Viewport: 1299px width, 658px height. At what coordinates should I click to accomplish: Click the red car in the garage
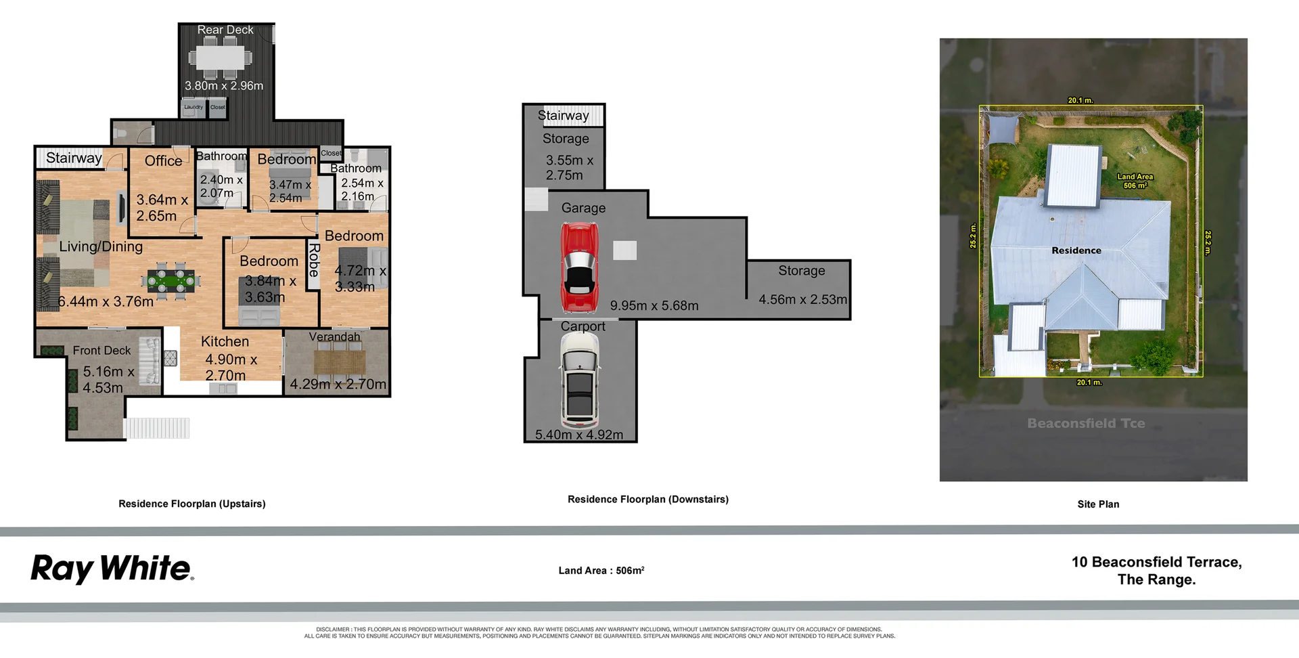tap(580, 267)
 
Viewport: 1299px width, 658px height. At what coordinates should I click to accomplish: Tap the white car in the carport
tap(580, 381)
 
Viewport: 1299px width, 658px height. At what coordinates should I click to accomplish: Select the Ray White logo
tap(112, 569)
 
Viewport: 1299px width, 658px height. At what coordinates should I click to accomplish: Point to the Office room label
tap(163, 160)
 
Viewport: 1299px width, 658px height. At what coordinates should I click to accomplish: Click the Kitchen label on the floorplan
tap(225, 342)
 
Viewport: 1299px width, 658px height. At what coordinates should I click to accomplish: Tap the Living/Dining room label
tap(101, 246)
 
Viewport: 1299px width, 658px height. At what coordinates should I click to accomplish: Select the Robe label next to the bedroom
tap(313, 260)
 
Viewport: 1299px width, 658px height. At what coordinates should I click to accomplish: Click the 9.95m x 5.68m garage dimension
tap(654, 305)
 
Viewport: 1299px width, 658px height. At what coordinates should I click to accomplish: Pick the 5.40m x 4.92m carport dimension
tap(579, 435)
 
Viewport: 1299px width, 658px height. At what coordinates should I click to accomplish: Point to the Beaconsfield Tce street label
tap(1086, 423)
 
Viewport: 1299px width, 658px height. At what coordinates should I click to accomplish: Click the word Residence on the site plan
tap(1076, 250)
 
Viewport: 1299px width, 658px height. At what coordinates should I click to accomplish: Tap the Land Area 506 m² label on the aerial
tap(1135, 181)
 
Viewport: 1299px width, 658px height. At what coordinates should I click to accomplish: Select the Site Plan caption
tap(1098, 504)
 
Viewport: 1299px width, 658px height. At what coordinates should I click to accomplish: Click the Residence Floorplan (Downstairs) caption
tap(647, 499)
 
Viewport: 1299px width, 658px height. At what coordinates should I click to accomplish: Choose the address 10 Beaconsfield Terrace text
tap(1156, 562)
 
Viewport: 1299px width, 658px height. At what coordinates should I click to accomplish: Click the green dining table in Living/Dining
tap(170, 280)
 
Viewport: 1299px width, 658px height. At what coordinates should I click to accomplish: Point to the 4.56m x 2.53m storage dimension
tap(802, 299)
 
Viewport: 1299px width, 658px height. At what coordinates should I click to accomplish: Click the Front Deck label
tap(101, 350)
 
